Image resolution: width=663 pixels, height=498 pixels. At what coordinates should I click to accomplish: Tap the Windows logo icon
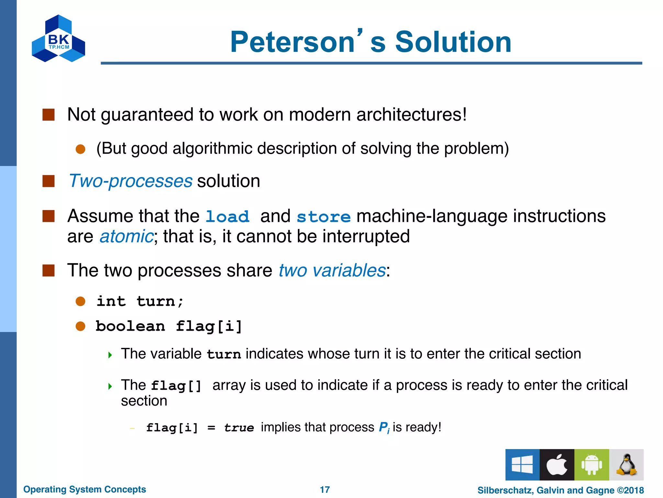pyautogui.click(x=522, y=465)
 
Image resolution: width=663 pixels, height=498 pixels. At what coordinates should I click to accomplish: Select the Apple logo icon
pyautogui.click(x=557, y=465)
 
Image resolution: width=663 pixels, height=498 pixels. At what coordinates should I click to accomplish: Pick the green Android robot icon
pyautogui.click(x=591, y=465)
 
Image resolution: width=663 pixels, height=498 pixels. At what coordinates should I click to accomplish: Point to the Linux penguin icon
pyautogui.click(x=626, y=465)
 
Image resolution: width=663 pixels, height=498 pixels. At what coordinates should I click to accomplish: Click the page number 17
pyautogui.click(x=325, y=490)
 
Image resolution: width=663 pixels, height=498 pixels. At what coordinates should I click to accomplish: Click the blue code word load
pyautogui.click(x=227, y=217)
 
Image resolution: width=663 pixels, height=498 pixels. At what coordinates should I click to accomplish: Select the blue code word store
pyautogui.click(x=323, y=217)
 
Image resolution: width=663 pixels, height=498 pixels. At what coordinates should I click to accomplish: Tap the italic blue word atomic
pyautogui.click(x=126, y=236)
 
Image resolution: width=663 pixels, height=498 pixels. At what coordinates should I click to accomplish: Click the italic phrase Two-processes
pyautogui.click(x=131, y=181)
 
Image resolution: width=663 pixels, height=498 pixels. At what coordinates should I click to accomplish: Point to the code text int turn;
pyautogui.click(x=140, y=302)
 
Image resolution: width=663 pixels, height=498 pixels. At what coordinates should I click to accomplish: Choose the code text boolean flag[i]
pyautogui.click(x=169, y=326)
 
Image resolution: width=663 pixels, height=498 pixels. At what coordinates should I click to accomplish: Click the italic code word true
pyautogui.click(x=239, y=428)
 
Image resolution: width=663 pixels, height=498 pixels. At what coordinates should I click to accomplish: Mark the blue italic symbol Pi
pyautogui.click(x=384, y=428)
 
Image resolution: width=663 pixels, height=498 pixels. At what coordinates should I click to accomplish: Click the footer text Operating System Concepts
pyautogui.click(x=84, y=489)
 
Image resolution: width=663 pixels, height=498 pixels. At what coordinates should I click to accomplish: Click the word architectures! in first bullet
pyautogui.click(x=411, y=114)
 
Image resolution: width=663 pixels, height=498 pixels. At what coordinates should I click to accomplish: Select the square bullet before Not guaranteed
pyautogui.click(x=49, y=115)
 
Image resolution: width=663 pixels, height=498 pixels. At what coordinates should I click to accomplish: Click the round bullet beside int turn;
pyautogui.click(x=80, y=302)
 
